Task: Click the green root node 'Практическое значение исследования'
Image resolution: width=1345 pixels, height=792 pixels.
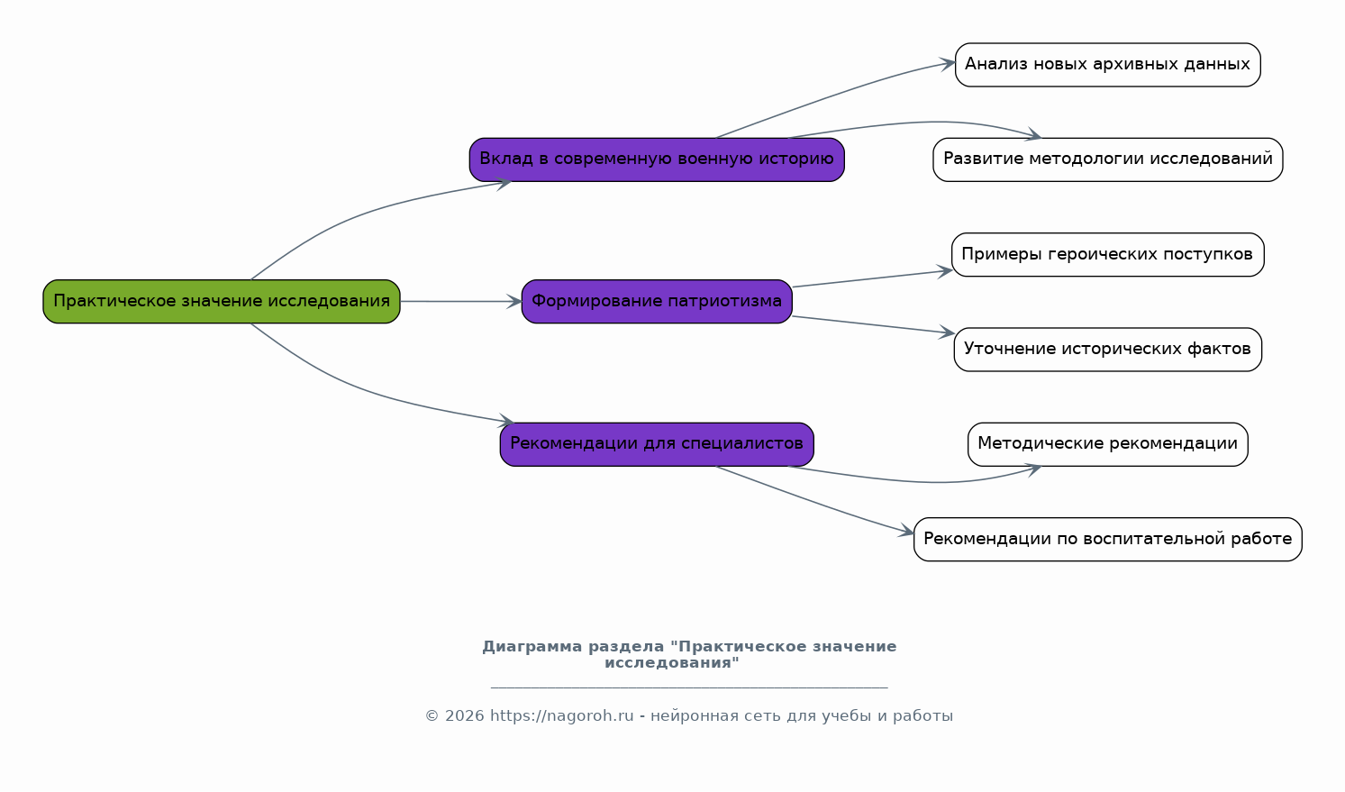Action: [222, 302]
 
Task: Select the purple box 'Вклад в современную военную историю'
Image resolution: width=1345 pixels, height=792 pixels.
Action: [657, 159]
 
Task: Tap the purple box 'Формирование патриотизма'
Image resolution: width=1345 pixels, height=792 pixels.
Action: [657, 302]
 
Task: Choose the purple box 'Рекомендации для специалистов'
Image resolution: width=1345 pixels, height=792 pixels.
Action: [657, 444]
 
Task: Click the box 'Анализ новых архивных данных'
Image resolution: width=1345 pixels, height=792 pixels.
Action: [1108, 65]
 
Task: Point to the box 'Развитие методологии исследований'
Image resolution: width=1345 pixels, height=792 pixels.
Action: [1108, 159]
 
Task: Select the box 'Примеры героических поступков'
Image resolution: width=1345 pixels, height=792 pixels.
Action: [1108, 255]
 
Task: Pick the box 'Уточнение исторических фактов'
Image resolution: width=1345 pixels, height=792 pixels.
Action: [1108, 350]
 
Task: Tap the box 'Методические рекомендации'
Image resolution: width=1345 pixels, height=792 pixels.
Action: [1108, 444]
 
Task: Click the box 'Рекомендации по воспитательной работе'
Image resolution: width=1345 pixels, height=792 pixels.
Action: [1108, 539]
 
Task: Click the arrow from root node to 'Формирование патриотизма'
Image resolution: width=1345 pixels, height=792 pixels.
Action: [460, 302]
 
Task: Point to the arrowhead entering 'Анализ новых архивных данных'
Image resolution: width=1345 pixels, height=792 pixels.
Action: [947, 63]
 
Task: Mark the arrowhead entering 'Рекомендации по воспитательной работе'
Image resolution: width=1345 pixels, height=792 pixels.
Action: [905, 531]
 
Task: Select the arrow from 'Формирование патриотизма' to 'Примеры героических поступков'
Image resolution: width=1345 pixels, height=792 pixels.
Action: [872, 278]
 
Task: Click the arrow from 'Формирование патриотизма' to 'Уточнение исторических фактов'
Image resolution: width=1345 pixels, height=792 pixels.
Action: [873, 325]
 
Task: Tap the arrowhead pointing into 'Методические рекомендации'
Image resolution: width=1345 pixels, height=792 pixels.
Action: [1033, 469]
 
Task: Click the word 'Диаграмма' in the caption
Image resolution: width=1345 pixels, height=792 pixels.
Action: [532, 647]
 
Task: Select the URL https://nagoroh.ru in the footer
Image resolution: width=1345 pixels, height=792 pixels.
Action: [561, 715]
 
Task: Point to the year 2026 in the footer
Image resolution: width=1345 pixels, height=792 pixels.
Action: [464, 715]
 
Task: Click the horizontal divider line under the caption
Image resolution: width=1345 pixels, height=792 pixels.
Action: [689, 687]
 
